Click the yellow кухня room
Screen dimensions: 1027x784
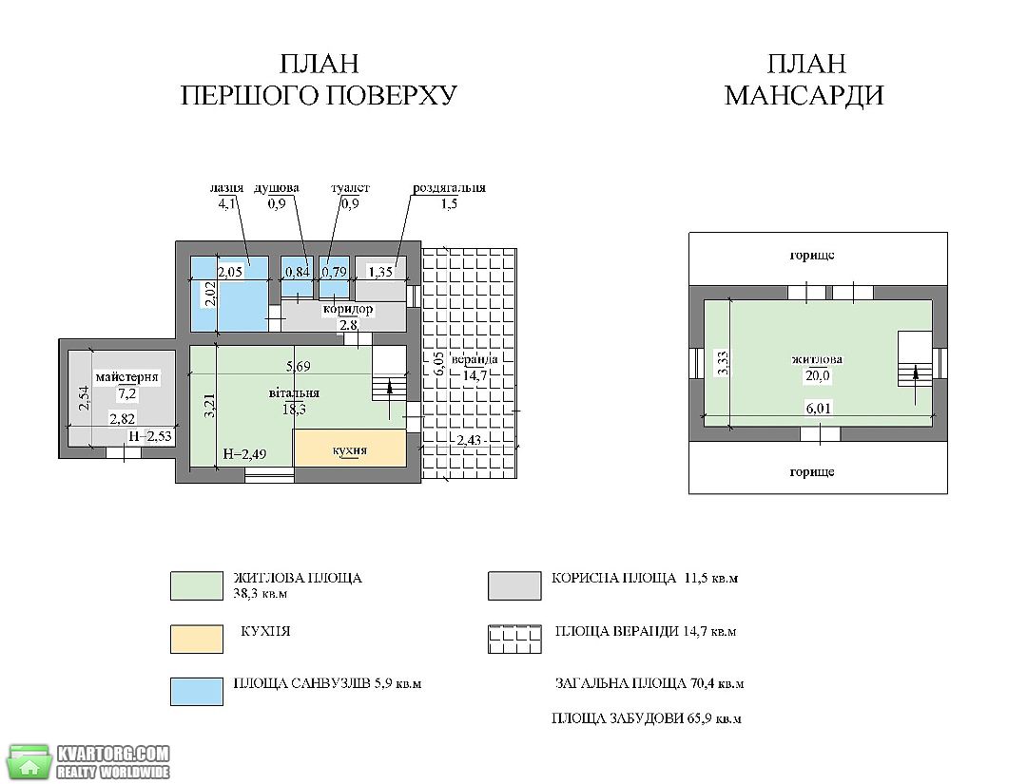coord(350,449)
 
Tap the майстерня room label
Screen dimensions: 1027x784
coord(127,377)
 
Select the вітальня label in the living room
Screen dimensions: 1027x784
coord(294,393)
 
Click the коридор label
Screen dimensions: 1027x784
coord(348,309)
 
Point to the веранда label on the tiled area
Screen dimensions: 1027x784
coord(475,359)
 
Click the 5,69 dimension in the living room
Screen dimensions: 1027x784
coord(298,367)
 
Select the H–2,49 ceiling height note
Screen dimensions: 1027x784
coord(244,454)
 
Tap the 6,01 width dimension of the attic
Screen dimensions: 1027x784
coord(818,409)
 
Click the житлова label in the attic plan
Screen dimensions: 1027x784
coord(818,359)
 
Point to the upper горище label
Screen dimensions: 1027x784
coord(811,256)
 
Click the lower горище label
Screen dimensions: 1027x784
coord(811,472)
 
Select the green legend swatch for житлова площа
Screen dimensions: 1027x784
coord(197,585)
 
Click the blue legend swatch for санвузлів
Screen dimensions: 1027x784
coord(197,692)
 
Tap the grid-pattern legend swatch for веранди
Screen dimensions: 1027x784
coord(514,640)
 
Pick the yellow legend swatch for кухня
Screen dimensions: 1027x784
coord(197,640)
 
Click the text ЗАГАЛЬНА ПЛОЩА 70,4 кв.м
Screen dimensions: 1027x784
coord(649,684)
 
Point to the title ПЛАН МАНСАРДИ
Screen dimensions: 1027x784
coord(805,80)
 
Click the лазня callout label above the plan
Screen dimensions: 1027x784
coord(226,188)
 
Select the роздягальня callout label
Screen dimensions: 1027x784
coord(449,188)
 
